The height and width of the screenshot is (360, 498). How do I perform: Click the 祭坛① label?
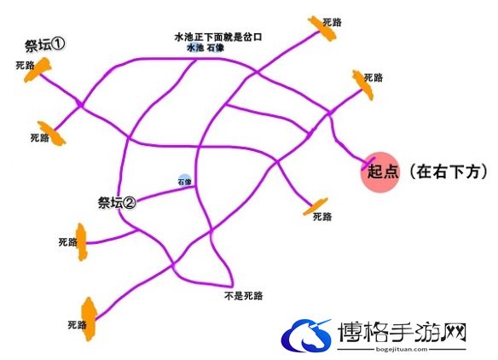tap(45, 45)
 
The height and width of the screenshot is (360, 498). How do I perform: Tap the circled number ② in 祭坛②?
tap(129, 202)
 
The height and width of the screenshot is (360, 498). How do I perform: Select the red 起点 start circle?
tap(379, 172)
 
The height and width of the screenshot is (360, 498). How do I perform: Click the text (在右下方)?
tap(449, 172)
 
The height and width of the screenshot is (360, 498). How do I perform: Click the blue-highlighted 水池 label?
tap(194, 48)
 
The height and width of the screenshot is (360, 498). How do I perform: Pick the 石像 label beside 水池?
tap(216, 48)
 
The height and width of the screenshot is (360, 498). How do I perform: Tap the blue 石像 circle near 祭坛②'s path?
tap(184, 181)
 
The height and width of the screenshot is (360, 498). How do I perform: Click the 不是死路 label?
tap(243, 296)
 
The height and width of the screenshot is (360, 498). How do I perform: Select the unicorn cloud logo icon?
tap(306, 334)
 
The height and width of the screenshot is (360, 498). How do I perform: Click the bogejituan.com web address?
tap(402, 349)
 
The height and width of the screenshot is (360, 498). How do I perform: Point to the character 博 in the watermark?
tap(350, 332)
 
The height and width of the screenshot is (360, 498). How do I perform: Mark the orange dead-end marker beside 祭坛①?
tap(38, 70)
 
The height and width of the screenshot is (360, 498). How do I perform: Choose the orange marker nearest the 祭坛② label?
tap(81, 241)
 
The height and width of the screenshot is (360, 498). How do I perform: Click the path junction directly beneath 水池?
tap(195, 60)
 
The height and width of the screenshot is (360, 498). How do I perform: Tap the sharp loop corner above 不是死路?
tap(232, 285)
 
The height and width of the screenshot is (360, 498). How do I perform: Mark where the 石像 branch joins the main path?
tap(194, 187)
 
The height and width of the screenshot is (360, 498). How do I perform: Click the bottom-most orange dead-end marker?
tap(89, 319)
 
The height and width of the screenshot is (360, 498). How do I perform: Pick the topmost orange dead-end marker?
tap(322, 29)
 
